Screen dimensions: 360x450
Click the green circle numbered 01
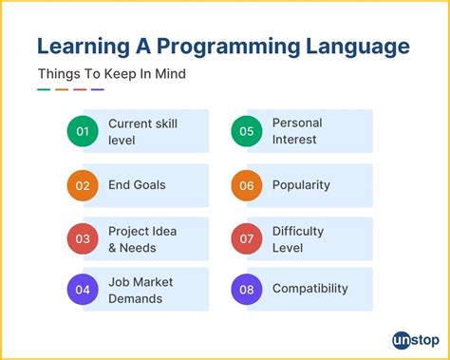click(83, 132)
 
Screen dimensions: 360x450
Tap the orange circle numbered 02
click(83, 185)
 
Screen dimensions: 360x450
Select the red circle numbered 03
click(83, 238)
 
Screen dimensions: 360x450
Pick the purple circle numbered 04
click(83, 290)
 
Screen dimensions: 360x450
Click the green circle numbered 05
click(247, 132)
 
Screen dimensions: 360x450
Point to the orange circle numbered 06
click(247, 185)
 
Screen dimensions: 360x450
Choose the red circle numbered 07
click(247, 238)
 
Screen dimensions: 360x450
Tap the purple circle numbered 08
click(247, 290)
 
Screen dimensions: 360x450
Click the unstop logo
click(415, 339)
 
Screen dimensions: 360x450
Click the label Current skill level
click(142, 132)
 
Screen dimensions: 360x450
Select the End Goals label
click(137, 185)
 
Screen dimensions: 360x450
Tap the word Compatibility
click(309, 289)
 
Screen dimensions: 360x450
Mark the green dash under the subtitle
click(44, 90)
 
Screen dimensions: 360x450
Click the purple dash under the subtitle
click(98, 90)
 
